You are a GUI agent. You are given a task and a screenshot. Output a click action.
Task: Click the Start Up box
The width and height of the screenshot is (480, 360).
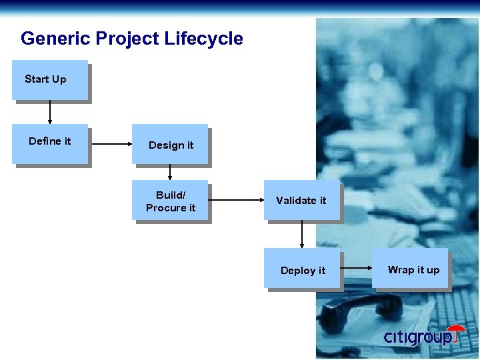click(50, 80)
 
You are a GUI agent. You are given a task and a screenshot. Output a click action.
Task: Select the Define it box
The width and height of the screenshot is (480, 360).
click(50, 144)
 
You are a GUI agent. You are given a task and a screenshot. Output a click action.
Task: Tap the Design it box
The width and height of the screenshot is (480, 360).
click(170, 145)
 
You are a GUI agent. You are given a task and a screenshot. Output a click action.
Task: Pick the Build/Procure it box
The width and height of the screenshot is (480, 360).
click(171, 201)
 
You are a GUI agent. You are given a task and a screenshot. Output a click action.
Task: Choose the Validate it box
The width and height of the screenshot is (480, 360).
click(301, 200)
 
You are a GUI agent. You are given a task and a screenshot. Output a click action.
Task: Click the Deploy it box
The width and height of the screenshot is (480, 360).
click(303, 269)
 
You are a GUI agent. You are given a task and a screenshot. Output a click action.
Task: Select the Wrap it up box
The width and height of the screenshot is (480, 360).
click(411, 269)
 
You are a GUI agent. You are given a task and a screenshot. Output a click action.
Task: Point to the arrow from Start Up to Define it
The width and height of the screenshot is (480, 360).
click(50, 113)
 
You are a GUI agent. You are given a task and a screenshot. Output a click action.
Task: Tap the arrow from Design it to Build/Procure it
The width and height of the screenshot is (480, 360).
click(170, 173)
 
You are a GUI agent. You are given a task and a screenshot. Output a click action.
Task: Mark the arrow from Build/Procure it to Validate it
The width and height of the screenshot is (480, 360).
click(237, 199)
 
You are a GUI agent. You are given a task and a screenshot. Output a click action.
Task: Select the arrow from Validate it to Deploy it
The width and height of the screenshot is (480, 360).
click(302, 235)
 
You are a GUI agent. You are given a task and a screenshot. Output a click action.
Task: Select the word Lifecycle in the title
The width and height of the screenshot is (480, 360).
click(203, 39)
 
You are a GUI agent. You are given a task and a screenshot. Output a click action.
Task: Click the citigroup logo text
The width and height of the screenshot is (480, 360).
click(417, 337)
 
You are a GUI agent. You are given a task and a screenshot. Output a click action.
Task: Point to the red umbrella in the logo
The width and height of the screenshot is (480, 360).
click(457, 331)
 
